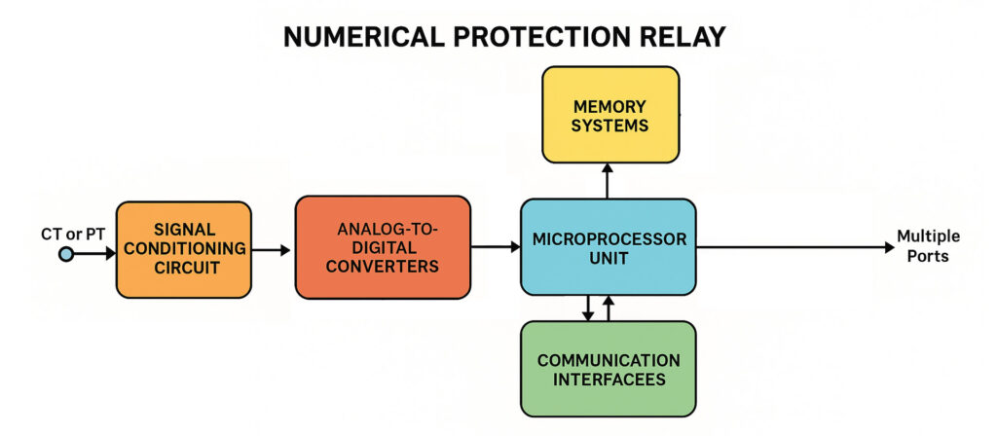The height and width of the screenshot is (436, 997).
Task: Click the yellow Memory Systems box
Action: point(610,115)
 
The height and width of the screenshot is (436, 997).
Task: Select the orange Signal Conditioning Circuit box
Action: point(183,249)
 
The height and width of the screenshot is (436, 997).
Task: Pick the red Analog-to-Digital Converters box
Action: point(383,247)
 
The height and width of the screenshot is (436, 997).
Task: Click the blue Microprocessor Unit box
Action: point(609,247)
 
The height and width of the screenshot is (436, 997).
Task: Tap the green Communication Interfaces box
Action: point(609,369)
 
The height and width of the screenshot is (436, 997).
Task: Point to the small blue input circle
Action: point(65,254)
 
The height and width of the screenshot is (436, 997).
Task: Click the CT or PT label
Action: point(71,233)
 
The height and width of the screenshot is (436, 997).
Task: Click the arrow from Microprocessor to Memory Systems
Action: point(609,180)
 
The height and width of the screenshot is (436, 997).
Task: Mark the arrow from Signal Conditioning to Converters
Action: point(273,250)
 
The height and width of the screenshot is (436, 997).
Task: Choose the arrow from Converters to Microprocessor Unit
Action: point(496,247)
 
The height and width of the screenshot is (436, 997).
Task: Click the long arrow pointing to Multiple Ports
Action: point(794,247)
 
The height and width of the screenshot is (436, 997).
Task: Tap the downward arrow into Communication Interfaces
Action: point(587,308)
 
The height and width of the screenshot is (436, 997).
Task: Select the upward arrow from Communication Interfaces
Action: point(609,308)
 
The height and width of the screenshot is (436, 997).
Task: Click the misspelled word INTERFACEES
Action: point(609,380)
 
